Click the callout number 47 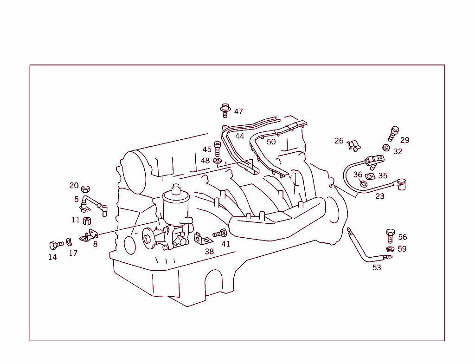pyautogui.click(x=238, y=111)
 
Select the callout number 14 pyautogui.click(x=53, y=257)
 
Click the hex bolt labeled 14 pyautogui.click(x=56, y=244)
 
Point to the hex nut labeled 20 pyautogui.click(x=85, y=189)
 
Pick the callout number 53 pyautogui.click(x=377, y=267)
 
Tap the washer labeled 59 pyautogui.click(x=389, y=249)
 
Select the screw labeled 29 pyautogui.click(x=393, y=133)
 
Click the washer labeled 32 pyautogui.click(x=385, y=148)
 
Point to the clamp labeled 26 pyautogui.click(x=354, y=145)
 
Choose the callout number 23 pyautogui.click(x=380, y=196)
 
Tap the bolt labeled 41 pyautogui.click(x=220, y=233)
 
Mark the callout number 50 pyautogui.click(x=271, y=142)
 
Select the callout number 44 pyautogui.click(x=239, y=136)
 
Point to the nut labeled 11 pyautogui.click(x=86, y=220)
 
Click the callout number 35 pyautogui.click(x=383, y=176)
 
